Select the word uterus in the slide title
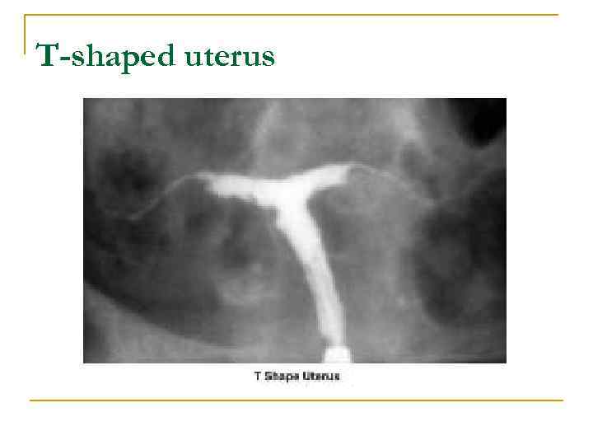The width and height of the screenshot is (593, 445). tap(235, 56)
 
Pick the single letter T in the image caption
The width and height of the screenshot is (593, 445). tap(258, 377)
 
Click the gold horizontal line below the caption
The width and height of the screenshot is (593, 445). tap(296, 400)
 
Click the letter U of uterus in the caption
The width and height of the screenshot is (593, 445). tap(307, 377)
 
